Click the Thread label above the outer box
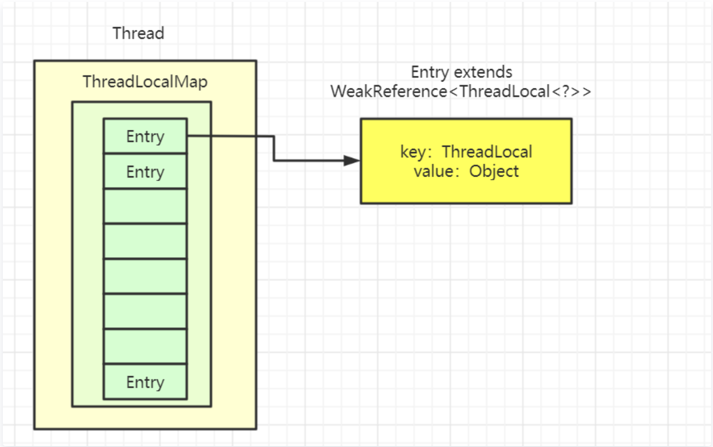click(x=138, y=33)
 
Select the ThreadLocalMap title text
click(x=145, y=82)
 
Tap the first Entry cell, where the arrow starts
click(x=145, y=137)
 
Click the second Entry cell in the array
click(x=145, y=172)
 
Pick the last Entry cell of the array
click(x=145, y=382)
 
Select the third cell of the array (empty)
click(x=145, y=207)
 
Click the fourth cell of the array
click(x=145, y=241)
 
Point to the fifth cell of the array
click(x=145, y=277)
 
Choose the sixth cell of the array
click(x=145, y=311)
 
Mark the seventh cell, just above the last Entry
click(x=145, y=347)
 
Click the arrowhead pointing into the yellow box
click(x=352, y=161)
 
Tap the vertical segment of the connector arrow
click(x=274, y=149)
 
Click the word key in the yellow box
click(x=412, y=152)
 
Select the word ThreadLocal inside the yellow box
click(x=487, y=152)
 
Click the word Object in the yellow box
click(x=494, y=171)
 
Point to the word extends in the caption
click(x=483, y=72)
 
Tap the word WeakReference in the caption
click(x=389, y=91)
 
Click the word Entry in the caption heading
click(x=429, y=72)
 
